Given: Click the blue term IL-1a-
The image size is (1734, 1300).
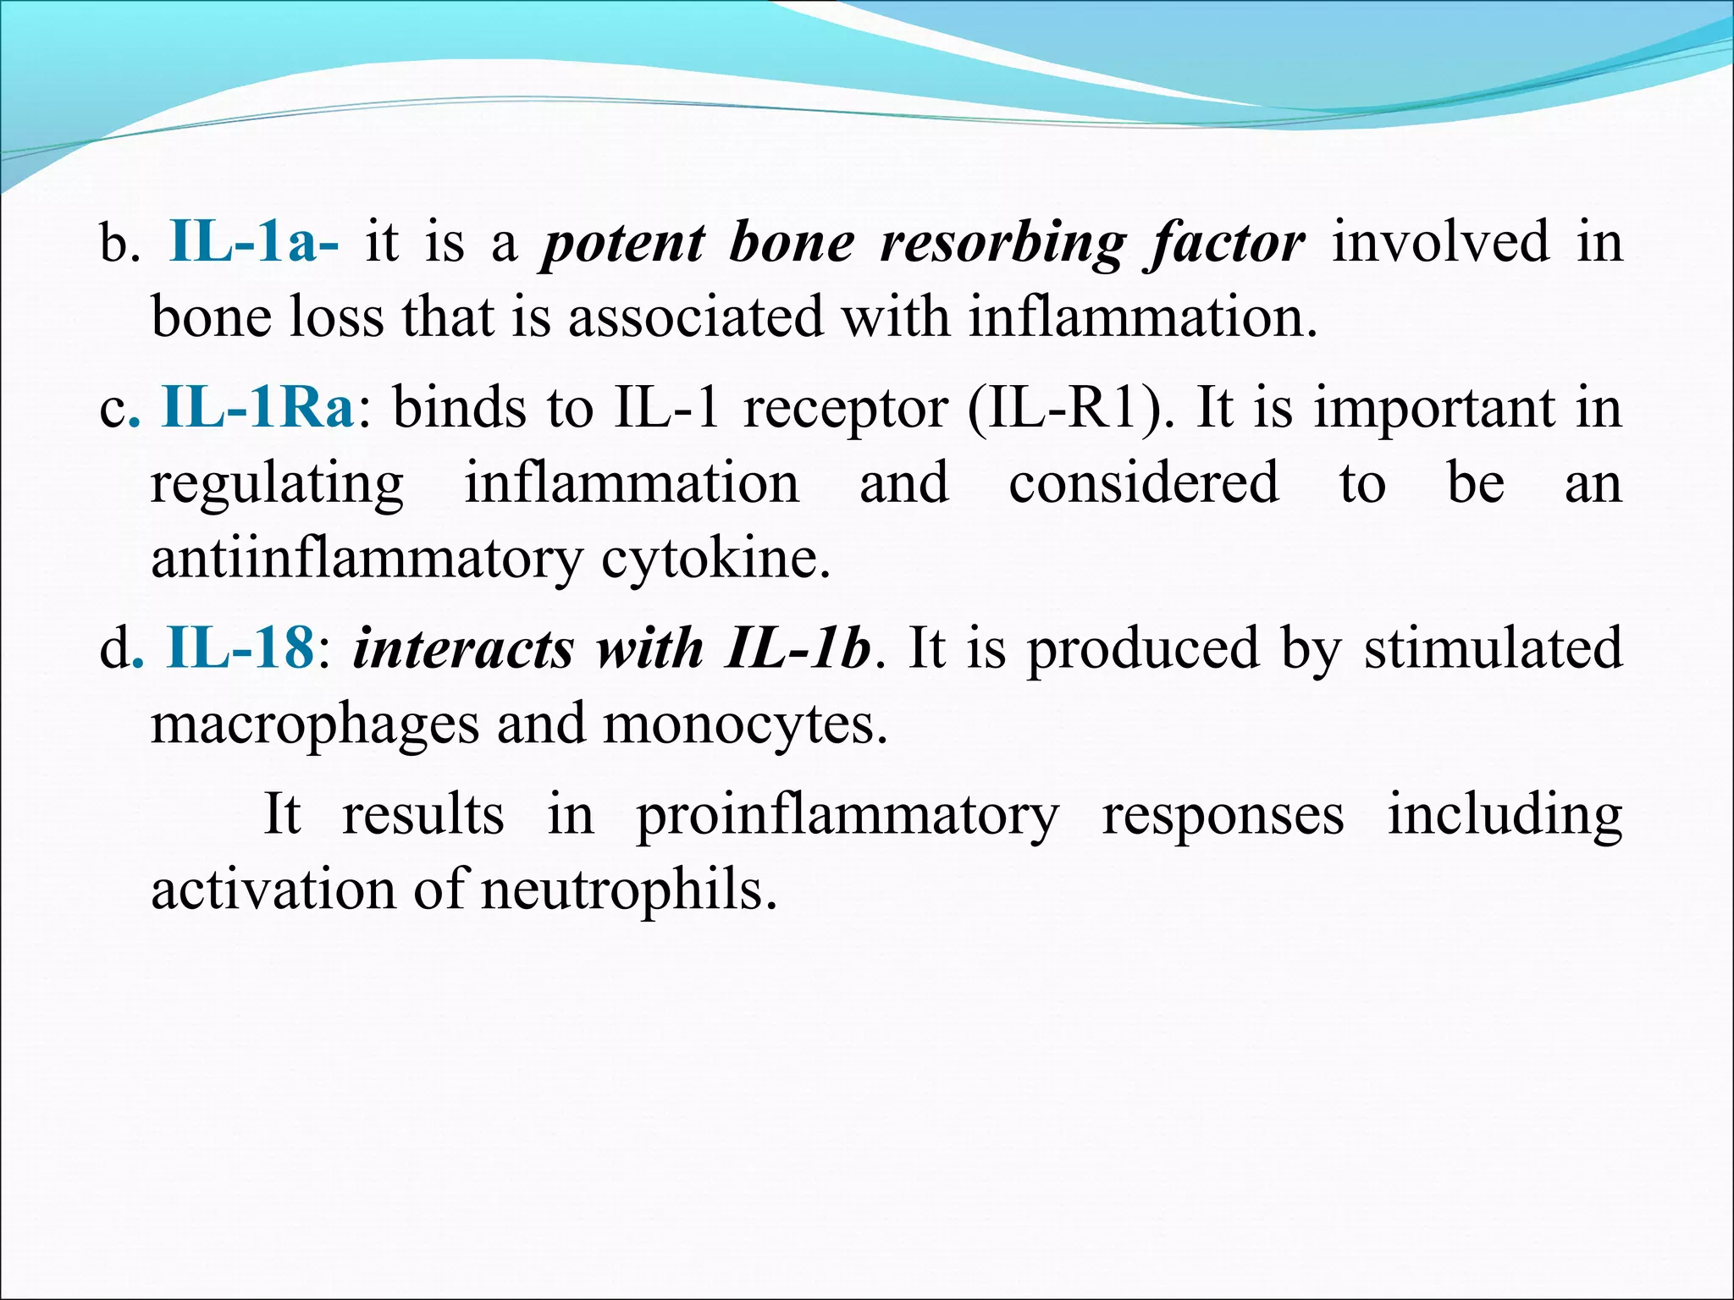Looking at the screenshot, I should coord(254,242).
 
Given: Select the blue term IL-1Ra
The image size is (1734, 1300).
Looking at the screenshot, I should coord(257,408).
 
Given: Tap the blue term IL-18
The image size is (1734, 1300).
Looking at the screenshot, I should coord(240,649).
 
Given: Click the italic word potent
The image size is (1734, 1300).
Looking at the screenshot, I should coord(622,244).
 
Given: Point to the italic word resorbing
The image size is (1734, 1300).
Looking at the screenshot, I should coord(1002,244).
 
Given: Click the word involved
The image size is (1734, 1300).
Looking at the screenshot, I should coord(1440,242).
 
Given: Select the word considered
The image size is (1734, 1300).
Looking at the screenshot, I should coord(1143,483).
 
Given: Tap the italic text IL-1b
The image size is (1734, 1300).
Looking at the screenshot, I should coord(798,649).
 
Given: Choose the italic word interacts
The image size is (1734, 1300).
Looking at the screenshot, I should coord(463,649).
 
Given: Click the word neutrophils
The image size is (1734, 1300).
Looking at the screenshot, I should coord(629,891).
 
